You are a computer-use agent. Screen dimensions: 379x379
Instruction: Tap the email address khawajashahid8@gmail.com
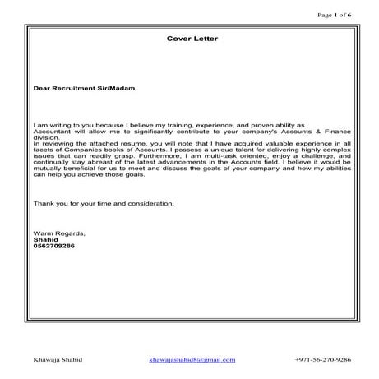coord(192,359)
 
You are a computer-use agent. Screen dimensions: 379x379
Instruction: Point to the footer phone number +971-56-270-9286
coord(322,359)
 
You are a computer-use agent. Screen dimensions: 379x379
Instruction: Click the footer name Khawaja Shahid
coord(58,359)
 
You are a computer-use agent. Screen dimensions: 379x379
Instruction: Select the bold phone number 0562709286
coord(54,246)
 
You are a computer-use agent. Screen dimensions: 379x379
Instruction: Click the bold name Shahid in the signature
coord(45,239)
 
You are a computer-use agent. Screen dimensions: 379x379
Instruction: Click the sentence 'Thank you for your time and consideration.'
coord(103,202)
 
